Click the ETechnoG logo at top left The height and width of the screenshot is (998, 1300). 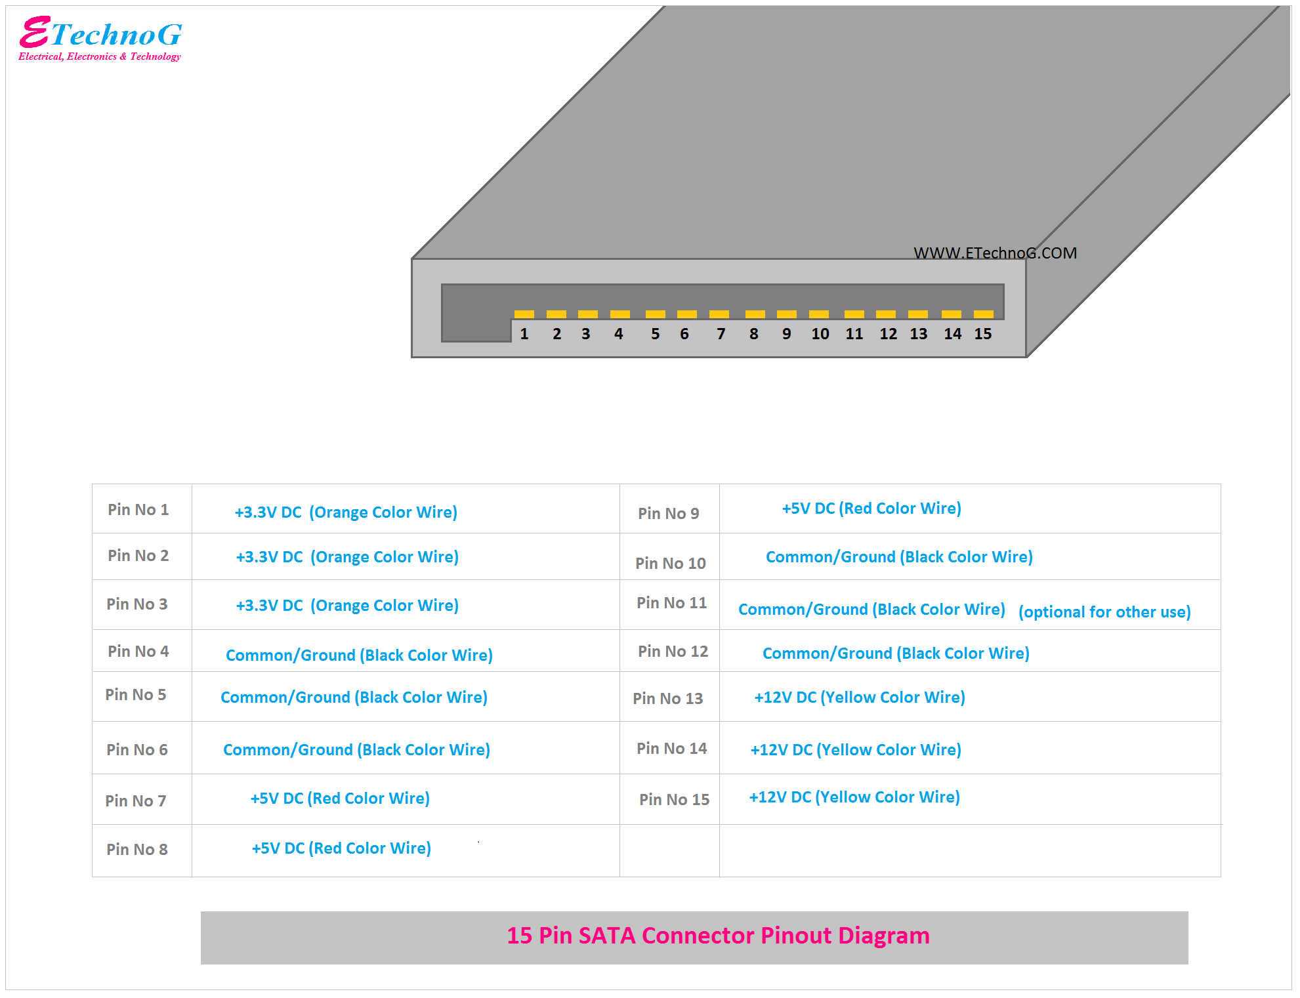(100, 39)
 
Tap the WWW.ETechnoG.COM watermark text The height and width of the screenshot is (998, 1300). (995, 253)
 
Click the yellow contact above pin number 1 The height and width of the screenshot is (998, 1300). (524, 314)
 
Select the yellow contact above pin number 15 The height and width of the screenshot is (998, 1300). (983, 314)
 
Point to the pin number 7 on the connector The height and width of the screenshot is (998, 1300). (721, 334)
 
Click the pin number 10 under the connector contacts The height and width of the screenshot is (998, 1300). (820, 334)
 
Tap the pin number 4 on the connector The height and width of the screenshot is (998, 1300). (618, 334)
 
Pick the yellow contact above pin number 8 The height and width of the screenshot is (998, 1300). (755, 314)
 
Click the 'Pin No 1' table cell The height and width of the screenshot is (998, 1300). (138, 510)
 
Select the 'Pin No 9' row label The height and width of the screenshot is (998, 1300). (668, 514)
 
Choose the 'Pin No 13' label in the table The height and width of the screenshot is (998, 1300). (667, 699)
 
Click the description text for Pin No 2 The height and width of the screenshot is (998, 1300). (347, 557)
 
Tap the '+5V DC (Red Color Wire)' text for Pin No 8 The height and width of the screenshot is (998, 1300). (341, 848)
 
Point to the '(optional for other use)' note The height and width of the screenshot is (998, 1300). (1104, 612)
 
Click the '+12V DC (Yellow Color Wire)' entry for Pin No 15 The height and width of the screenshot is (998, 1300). (854, 797)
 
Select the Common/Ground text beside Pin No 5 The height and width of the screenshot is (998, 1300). (354, 697)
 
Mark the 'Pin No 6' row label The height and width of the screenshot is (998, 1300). (137, 750)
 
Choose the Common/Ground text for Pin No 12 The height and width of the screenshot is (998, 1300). (896, 654)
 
